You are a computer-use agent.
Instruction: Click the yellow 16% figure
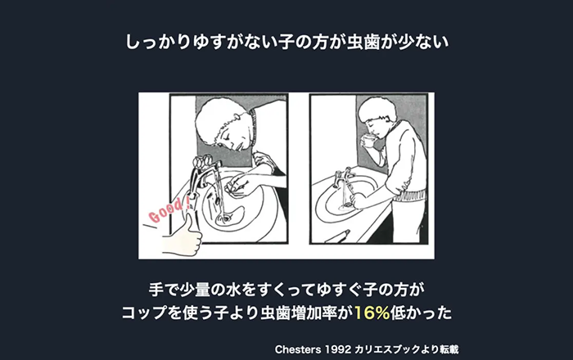[x=372, y=313]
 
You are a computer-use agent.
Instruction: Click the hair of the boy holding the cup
[x=377, y=108]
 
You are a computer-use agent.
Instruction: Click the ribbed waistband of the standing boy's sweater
[x=409, y=196]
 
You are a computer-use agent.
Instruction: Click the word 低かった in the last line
[x=421, y=313]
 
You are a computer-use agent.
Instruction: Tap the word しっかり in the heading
[x=157, y=42]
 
